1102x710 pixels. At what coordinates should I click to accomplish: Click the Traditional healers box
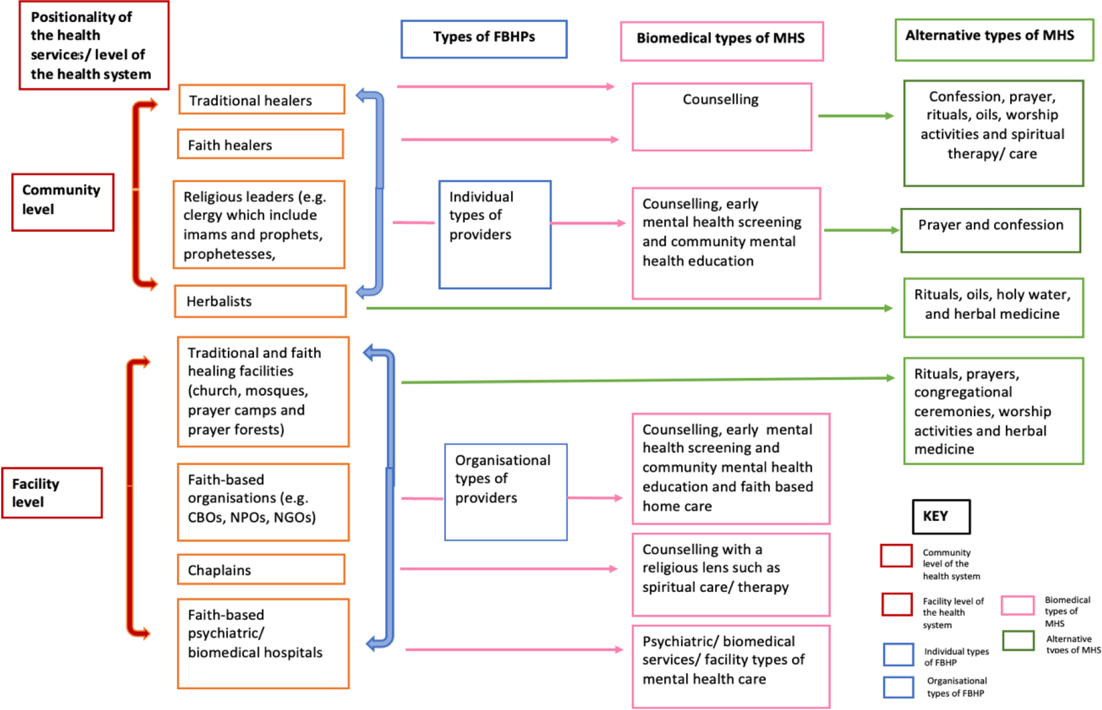pos(262,99)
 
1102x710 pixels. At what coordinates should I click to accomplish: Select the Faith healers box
pos(261,144)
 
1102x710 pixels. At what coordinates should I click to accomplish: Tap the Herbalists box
pos(261,301)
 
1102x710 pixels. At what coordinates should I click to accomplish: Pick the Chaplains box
pos(261,569)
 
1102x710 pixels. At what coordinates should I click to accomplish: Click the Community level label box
pos(63,202)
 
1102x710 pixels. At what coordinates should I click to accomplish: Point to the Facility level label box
pos(52,492)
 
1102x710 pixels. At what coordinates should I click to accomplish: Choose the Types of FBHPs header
pos(484,39)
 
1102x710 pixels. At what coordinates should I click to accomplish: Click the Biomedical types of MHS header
pos(722,41)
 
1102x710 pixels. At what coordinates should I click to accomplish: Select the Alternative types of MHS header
pos(994,39)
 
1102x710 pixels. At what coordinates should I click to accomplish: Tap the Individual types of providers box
pos(495,234)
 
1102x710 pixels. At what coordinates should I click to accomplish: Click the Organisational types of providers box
pos(506,492)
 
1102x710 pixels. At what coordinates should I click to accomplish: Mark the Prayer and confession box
pos(990,230)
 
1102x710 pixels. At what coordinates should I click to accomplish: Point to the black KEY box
pos(941,516)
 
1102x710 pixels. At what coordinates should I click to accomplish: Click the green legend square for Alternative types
pos(1019,641)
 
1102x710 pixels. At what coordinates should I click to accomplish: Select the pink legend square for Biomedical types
pos(1017,605)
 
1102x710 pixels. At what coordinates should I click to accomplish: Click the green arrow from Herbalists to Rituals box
pos(629,308)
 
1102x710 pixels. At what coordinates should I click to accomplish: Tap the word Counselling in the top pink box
pos(720,99)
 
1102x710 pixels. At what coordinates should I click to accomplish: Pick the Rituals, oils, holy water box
pos(993,308)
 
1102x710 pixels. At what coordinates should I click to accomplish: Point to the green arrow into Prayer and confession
pos(862,230)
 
